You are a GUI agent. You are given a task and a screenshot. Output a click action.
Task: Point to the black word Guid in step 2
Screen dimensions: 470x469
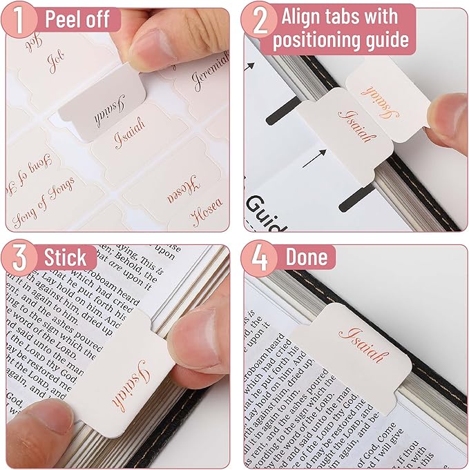tap(262, 207)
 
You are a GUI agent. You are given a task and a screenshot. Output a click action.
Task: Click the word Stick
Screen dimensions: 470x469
tap(66, 258)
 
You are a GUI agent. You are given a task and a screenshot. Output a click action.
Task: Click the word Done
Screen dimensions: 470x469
tap(309, 257)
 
